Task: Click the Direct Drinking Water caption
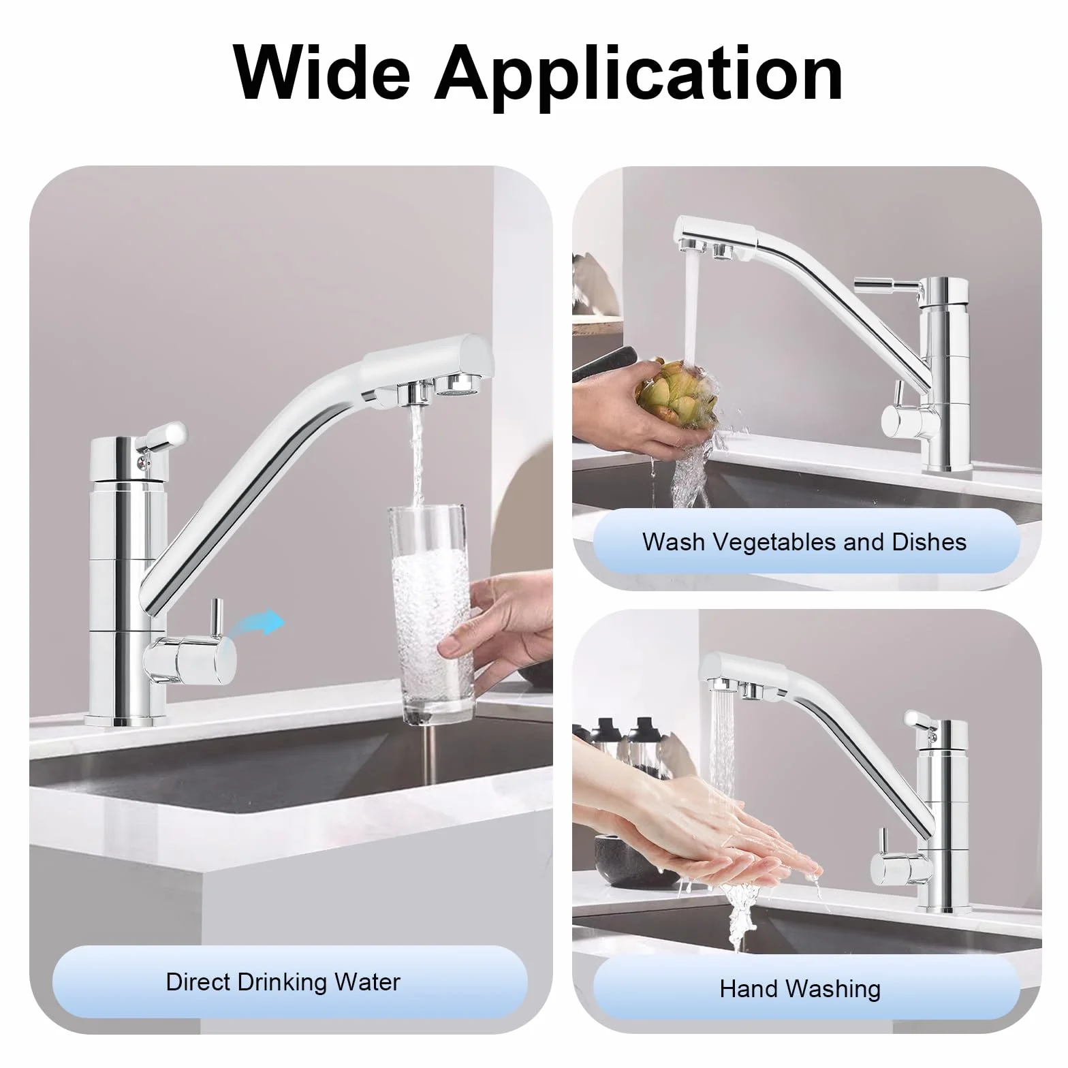(x=283, y=981)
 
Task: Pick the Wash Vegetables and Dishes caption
(x=804, y=541)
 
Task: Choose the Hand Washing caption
(x=800, y=988)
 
